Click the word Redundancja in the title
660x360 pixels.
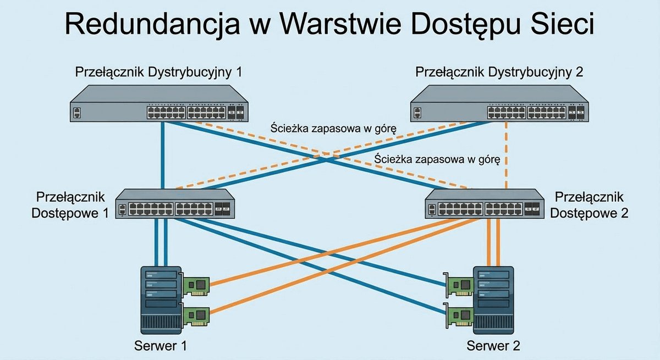click(152, 24)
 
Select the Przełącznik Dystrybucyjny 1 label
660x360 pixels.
click(159, 73)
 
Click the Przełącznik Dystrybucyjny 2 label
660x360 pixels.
click(499, 73)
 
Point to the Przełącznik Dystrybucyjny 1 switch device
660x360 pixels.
click(159, 103)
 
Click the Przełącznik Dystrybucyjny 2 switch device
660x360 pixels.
click(499, 103)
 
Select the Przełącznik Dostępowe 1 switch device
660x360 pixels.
click(175, 204)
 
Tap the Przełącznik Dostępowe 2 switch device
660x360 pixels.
click(485, 204)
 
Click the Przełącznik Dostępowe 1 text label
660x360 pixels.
click(70, 205)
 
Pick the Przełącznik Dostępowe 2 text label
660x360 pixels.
click(589, 205)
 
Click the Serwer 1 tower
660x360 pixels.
click(161, 300)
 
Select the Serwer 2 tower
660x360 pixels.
click(493, 300)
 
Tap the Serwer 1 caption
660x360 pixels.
click(161, 346)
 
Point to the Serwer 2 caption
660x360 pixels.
click(493, 346)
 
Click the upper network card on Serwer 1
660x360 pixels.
click(195, 284)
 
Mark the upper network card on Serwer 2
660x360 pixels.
click(459, 284)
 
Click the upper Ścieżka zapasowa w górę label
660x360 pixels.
click(333, 129)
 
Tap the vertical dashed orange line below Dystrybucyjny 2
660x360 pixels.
click(506, 156)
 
